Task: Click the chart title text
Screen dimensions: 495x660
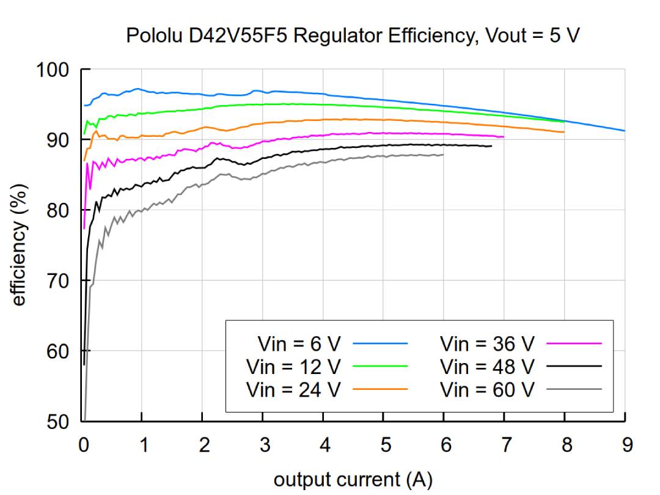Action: (x=353, y=36)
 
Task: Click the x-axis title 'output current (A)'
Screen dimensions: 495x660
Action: (x=353, y=479)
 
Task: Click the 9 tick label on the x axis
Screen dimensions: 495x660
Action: (x=625, y=444)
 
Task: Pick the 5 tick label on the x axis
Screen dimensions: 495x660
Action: (x=384, y=444)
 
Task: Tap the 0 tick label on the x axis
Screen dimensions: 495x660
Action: (x=84, y=444)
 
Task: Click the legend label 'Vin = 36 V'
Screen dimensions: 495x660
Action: (x=487, y=344)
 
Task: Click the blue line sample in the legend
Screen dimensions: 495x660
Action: (x=380, y=344)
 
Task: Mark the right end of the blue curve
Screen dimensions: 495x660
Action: (x=625, y=131)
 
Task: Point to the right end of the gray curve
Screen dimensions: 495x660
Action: (x=444, y=155)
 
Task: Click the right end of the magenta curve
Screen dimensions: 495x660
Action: (x=504, y=137)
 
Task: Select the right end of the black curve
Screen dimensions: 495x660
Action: (x=491, y=146)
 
